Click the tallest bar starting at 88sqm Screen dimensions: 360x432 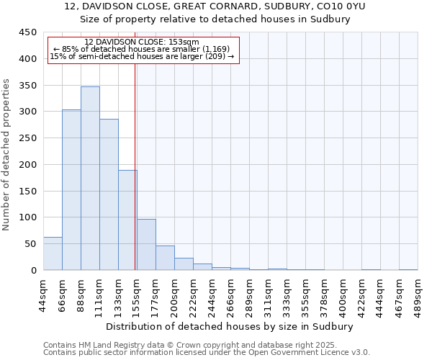(x=90, y=179)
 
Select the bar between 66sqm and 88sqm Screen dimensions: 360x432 (x=71, y=190)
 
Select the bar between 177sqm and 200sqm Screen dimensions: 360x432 (x=165, y=258)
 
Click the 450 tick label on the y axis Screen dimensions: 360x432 (x=27, y=32)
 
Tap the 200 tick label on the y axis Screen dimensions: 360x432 (x=27, y=165)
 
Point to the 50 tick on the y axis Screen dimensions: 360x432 (x=30, y=244)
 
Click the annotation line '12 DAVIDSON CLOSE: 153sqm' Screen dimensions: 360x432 (x=141, y=42)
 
